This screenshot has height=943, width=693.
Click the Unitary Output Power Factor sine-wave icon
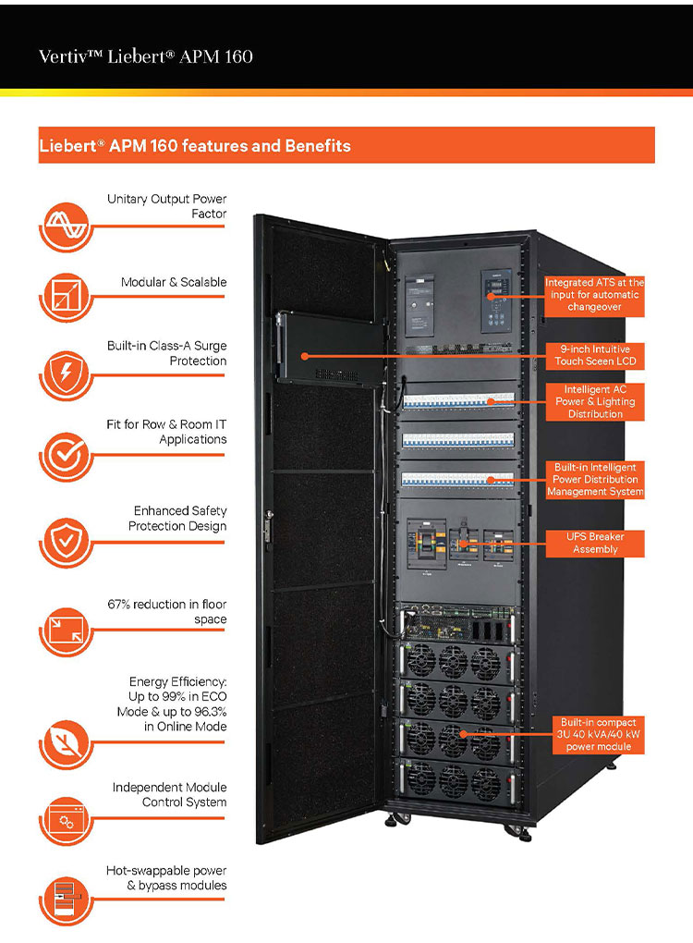point(64,225)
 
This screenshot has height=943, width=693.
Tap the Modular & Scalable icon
point(64,299)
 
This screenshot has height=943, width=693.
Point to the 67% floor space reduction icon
point(64,631)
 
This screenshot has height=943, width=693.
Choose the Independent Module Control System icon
point(64,819)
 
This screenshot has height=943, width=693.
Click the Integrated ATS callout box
point(593,294)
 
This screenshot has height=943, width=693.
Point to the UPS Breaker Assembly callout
point(593,543)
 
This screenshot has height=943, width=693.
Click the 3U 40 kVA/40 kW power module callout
point(598,734)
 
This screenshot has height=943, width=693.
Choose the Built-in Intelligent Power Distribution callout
point(593,480)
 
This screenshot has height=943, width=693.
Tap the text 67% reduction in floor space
point(166,611)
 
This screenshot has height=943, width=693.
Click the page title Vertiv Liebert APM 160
point(145,56)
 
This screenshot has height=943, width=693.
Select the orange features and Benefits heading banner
point(346,145)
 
